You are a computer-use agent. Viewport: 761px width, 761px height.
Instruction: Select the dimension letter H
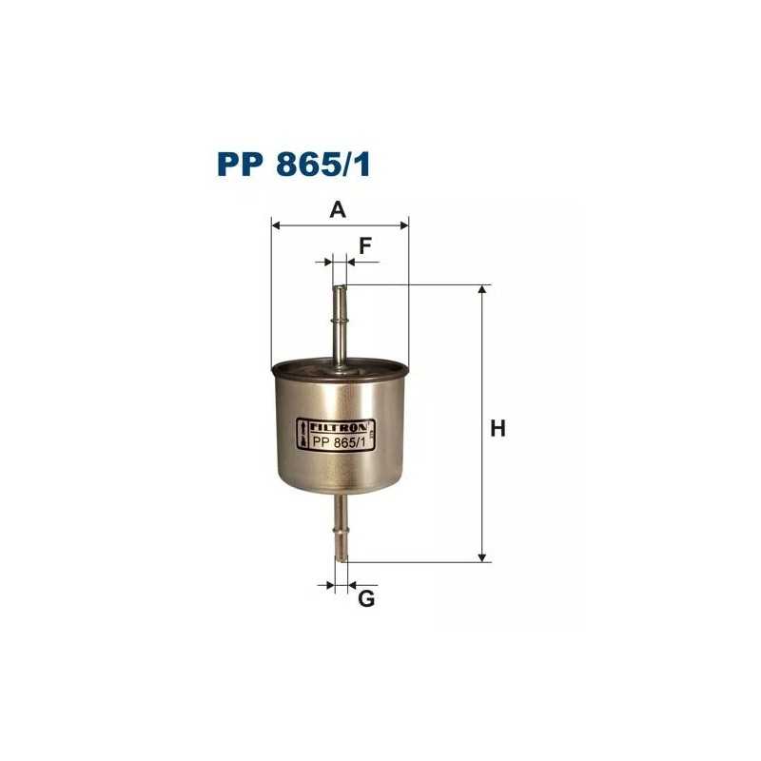point(496,429)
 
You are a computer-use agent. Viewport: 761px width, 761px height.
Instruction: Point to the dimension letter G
point(366,599)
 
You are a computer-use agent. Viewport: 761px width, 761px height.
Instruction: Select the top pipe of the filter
point(340,319)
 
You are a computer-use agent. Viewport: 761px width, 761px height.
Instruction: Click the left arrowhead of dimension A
point(277,225)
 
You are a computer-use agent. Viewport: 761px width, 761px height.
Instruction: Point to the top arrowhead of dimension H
point(483,290)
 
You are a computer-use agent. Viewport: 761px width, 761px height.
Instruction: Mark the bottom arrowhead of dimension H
point(483,556)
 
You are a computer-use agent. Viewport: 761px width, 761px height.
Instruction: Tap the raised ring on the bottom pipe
point(341,523)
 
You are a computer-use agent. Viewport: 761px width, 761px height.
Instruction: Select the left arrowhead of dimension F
point(328,262)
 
